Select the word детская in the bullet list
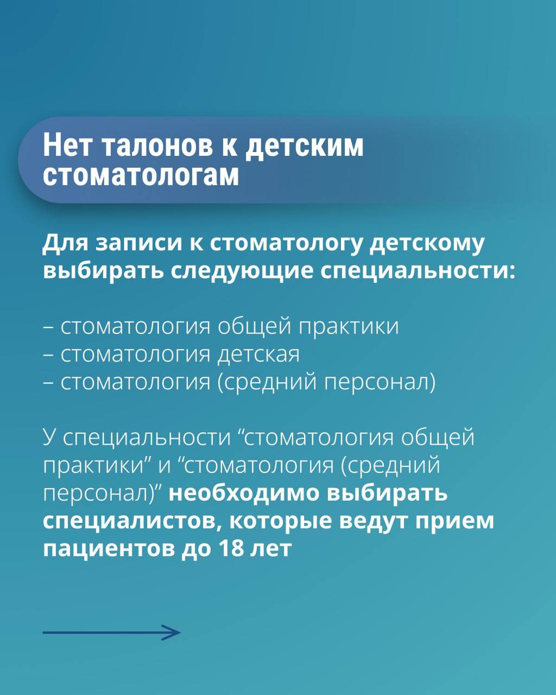pyautogui.click(x=258, y=355)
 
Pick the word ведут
pyautogui.click(x=374, y=521)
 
